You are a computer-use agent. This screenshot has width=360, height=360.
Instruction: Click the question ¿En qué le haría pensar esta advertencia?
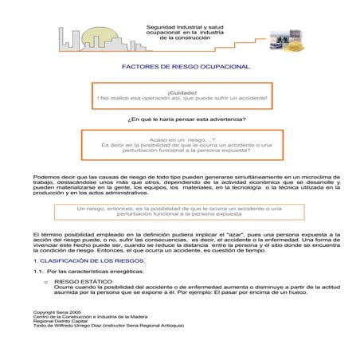point(186,119)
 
